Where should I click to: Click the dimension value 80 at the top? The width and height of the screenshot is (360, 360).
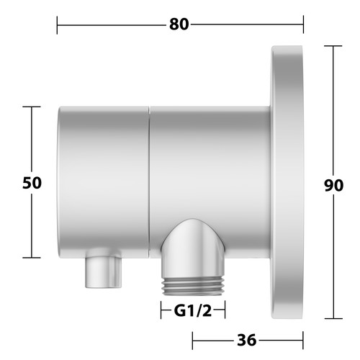[x=179, y=24]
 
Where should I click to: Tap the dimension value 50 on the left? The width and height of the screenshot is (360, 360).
[x=32, y=183]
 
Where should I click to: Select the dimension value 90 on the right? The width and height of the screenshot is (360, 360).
[x=333, y=186]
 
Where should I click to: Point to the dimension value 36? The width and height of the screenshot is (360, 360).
[x=247, y=340]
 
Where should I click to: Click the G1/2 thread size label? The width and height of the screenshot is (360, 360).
[x=193, y=311]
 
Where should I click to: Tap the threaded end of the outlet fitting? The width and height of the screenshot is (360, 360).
[x=193, y=287]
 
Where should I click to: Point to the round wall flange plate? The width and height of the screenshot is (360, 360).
[x=287, y=182]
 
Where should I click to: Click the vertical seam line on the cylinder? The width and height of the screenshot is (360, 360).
[x=149, y=182]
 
